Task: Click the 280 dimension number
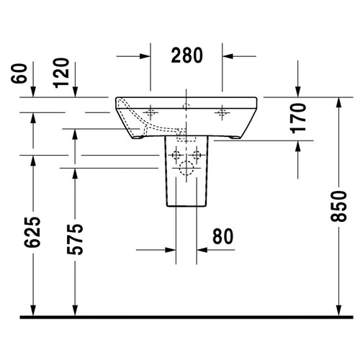point(186,55)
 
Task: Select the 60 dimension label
point(23,73)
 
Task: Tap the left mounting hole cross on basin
point(151,112)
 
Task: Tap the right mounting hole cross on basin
point(222,112)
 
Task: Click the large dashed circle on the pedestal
point(186,170)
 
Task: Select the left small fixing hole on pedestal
point(176,155)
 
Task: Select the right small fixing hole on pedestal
point(197,155)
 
